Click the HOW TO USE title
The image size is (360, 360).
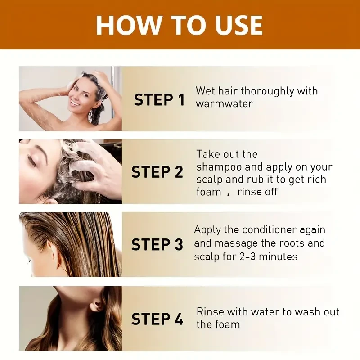(x=179, y=25)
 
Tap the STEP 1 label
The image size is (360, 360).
(x=159, y=99)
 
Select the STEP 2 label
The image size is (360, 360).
(x=157, y=172)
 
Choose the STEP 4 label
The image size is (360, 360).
(x=157, y=319)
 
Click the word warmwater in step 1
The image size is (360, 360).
(x=224, y=103)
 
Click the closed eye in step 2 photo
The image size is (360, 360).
(x=32, y=160)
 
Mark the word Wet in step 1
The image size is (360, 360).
(x=205, y=91)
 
